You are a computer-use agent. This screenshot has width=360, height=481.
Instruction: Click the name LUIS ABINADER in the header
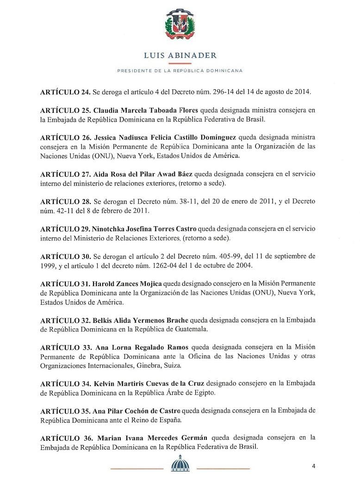pyautogui.click(x=180, y=55)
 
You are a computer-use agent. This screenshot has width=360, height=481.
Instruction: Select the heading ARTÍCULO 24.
pyautogui.click(x=65, y=92)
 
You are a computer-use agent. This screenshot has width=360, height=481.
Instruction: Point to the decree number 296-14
pyautogui.click(x=225, y=92)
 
